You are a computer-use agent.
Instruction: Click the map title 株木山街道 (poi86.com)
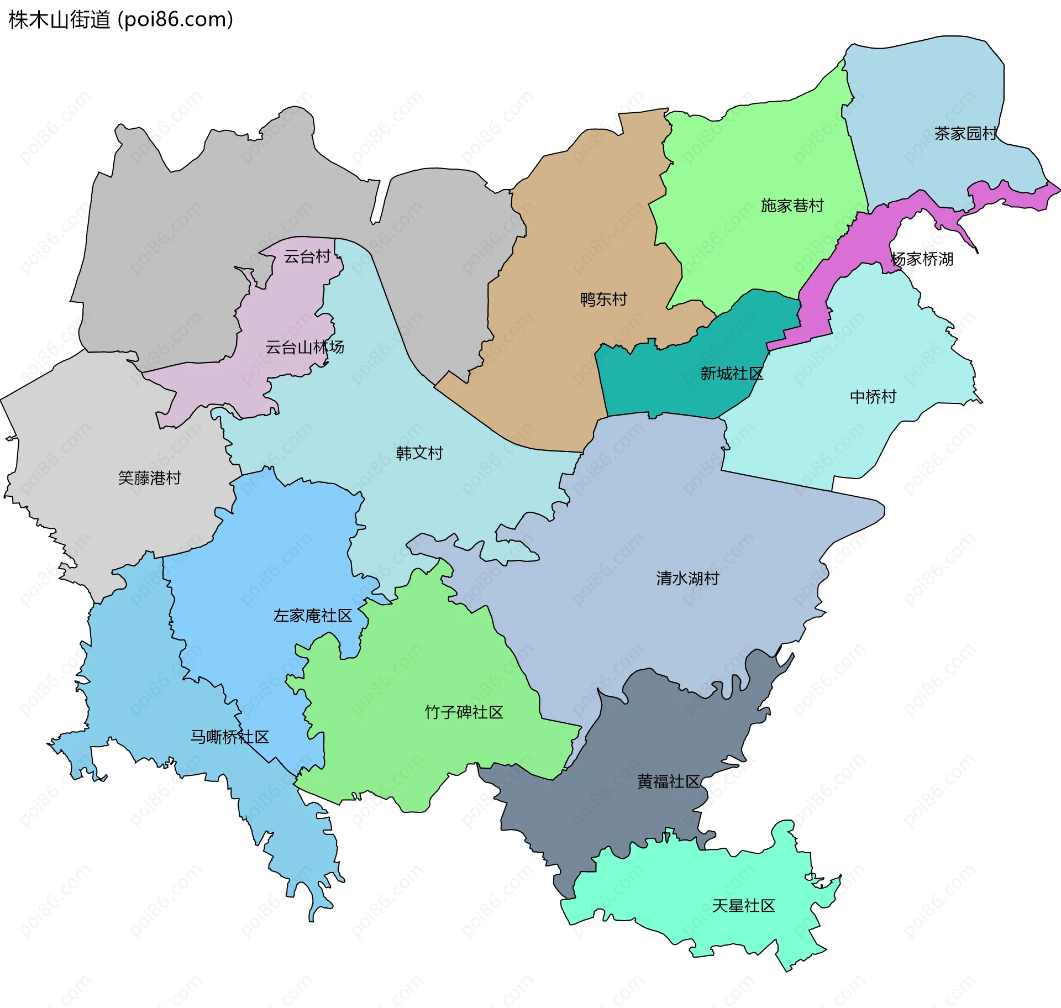click(x=120, y=20)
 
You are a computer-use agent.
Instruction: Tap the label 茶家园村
click(x=965, y=133)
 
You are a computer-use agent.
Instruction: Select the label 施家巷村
click(x=792, y=206)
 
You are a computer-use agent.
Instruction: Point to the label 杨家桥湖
click(x=922, y=259)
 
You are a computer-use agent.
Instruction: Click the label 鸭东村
click(x=603, y=300)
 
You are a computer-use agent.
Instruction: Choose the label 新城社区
click(x=731, y=374)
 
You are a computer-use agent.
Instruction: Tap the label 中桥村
click(x=873, y=397)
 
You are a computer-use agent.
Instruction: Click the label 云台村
click(x=307, y=256)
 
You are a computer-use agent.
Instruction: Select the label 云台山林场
click(x=304, y=347)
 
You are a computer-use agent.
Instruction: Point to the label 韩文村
click(x=419, y=453)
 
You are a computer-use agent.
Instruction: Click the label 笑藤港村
click(x=149, y=478)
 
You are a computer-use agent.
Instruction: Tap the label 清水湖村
click(x=687, y=579)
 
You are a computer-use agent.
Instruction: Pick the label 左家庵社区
click(x=313, y=616)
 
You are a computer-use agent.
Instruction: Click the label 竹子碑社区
click(x=464, y=712)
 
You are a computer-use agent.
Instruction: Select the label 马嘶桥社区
click(x=229, y=737)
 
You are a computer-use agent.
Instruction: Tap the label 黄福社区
click(x=668, y=781)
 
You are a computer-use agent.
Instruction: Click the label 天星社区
click(x=743, y=906)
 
